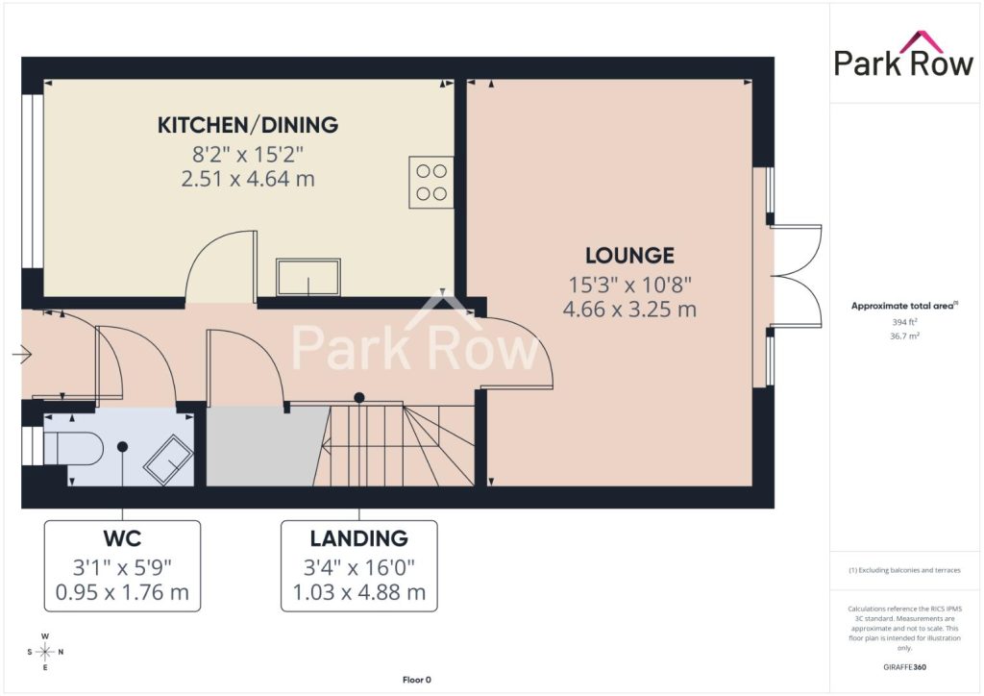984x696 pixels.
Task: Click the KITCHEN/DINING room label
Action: [248, 125]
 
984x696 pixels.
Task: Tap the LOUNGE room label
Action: [630, 256]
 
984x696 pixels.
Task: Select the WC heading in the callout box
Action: [122, 538]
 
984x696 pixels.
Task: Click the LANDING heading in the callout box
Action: [359, 538]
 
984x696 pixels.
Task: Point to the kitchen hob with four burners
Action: [431, 182]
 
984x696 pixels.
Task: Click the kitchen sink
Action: [308, 277]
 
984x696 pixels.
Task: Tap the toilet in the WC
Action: [73, 447]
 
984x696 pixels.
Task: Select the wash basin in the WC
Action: [168, 460]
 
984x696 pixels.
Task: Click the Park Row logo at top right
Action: [903, 55]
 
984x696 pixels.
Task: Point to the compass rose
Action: [45, 652]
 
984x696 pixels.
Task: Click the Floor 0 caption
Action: [417, 680]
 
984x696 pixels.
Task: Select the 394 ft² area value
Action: [904, 322]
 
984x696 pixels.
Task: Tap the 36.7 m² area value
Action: [904, 336]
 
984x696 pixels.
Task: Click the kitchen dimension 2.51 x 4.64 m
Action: [248, 179]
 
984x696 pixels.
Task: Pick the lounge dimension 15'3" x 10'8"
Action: [630, 285]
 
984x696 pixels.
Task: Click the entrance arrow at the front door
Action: [22, 355]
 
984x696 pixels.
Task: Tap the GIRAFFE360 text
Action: [904, 667]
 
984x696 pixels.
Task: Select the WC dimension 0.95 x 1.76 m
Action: [122, 592]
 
